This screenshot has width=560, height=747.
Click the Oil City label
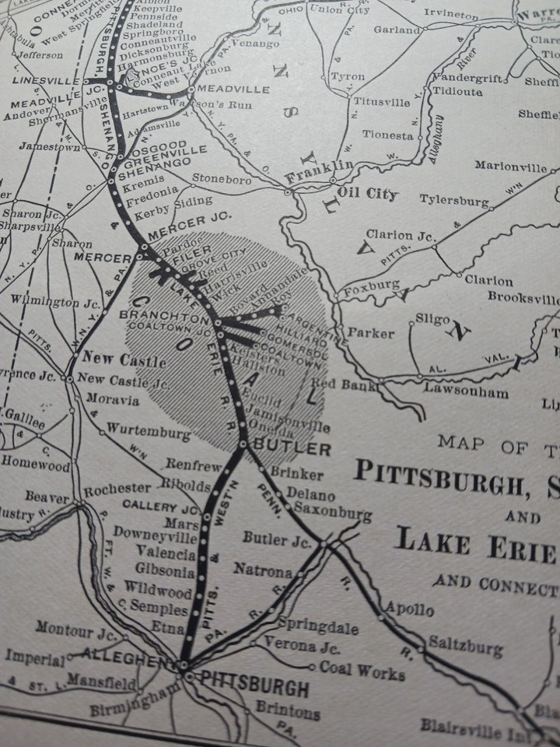click(366, 194)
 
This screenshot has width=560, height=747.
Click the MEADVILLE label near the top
click(238, 89)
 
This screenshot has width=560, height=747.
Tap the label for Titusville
click(381, 102)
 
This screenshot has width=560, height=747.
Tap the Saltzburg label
click(464, 647)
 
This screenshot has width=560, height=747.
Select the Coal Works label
click(362, 671)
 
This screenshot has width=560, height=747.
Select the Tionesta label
click(387, 135)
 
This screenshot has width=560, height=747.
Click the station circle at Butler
click(243, 444)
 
